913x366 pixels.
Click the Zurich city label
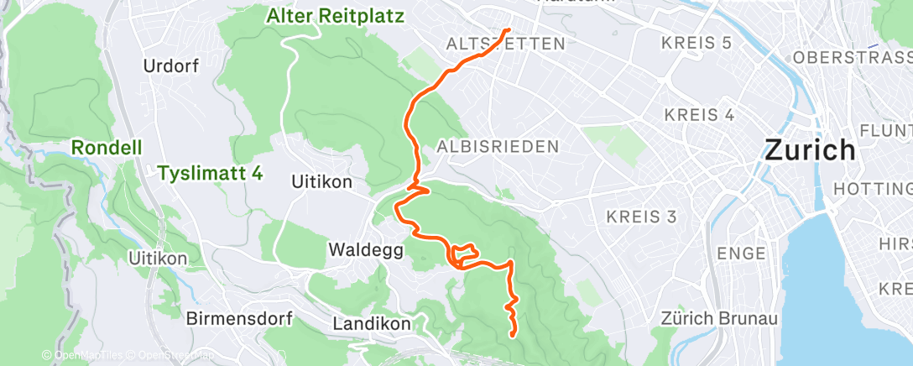(x=810, y=151)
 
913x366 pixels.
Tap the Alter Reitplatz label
(x=336, y=16)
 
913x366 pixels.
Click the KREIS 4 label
(x=699, y=114)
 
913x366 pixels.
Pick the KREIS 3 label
(x=641, y=217)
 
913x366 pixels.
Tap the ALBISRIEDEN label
(x=498, y=147)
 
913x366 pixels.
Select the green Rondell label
(x=105, y=147)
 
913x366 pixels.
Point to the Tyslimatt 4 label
(x=210, y=174)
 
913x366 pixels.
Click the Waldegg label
(x=366, y=250)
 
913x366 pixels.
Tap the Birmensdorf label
(x=238, y=319)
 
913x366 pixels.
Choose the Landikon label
(x=371, y=324)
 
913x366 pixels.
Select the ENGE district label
(x=741, y=254)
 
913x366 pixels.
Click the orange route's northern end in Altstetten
(x=507, y=30)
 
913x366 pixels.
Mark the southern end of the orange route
(x=512, y=336)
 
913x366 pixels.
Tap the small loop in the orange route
(x=463, y=254)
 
